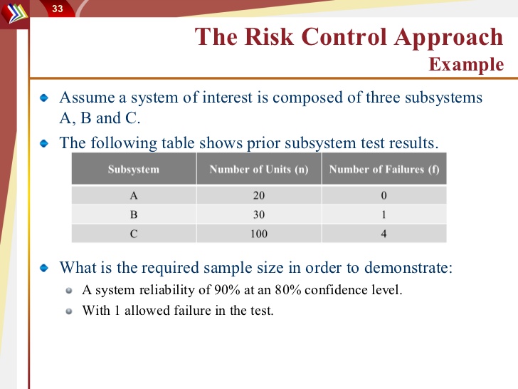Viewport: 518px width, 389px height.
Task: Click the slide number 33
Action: coord(58,9)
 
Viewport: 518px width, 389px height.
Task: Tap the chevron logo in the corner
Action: coord(14,13)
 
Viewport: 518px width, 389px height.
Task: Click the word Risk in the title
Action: coord(269,36)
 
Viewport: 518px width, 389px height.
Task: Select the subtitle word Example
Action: coord(466,65)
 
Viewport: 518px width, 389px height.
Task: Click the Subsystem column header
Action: coord(134,169)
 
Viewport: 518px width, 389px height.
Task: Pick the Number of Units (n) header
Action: coord(259,169)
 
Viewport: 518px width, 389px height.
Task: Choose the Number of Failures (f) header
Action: coord(384,169)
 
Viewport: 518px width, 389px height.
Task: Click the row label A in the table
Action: coord(134,195)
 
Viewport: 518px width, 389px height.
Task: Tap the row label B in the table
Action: coord(134,214)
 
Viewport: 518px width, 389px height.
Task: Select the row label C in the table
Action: coord(134,234)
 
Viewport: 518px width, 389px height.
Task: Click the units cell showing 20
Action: coord(259,195)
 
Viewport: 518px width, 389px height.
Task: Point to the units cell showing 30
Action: coord(259,214)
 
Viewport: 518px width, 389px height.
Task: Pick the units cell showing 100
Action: coord(259,234)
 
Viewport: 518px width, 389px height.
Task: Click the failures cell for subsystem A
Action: coord(384,195)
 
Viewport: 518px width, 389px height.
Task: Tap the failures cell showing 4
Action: coord(384,234)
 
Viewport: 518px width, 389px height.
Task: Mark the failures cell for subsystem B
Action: coord(384,214)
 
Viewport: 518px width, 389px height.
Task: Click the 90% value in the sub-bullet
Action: coord(227,290)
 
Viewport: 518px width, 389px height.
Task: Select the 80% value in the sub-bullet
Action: coord(288,290)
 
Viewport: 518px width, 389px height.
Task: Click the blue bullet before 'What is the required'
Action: coord(44,268)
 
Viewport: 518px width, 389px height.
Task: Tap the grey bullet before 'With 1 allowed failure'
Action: coord(69,311)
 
